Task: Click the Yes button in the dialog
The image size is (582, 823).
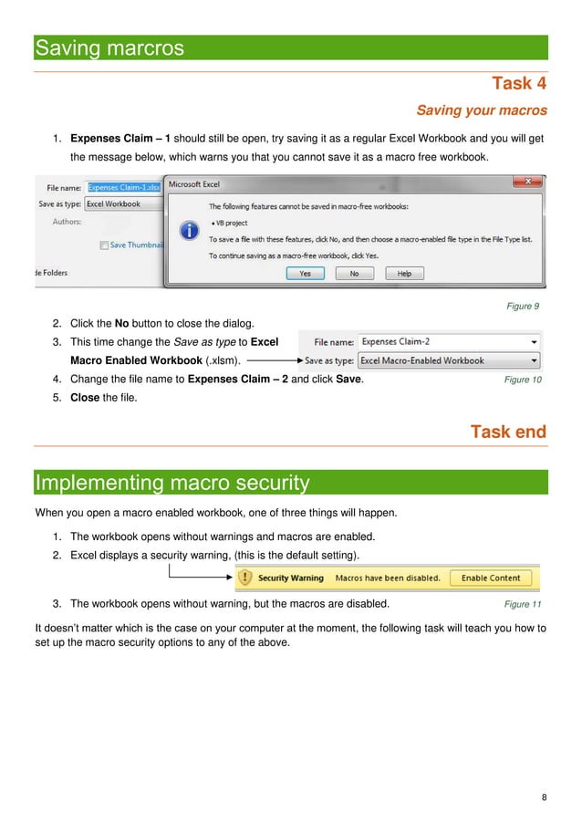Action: [305, 273]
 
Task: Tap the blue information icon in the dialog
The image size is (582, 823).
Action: [189, 231]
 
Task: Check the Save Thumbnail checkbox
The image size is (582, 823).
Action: [105, 245]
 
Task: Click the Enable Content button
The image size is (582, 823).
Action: [491, 578]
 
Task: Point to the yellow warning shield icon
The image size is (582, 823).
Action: [244, 578]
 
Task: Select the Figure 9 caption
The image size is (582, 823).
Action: [523, 306]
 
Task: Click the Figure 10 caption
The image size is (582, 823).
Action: [523, 380]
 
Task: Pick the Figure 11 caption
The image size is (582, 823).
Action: [523, 604]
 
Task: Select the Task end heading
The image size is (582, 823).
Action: [508, 432]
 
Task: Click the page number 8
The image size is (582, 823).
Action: [544, 798]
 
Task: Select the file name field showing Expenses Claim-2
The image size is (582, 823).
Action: [447, 341]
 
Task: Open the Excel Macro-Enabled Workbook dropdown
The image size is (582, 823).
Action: [534, 360]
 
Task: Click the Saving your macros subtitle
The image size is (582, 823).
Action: [482, 110]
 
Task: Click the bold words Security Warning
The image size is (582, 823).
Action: [290, 578]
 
